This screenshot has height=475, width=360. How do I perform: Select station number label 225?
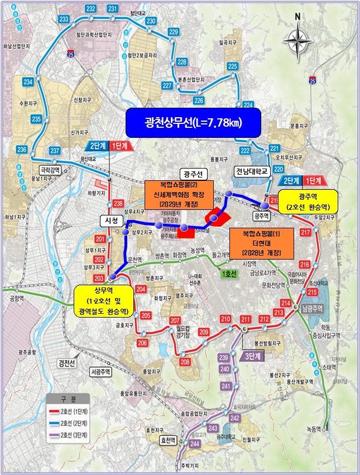[233, 67]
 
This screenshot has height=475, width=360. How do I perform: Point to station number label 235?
[37, 119]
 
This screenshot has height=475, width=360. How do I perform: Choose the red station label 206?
[142, 343]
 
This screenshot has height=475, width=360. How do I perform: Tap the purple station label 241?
[225, 386]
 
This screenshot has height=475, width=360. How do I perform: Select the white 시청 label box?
[109, 220]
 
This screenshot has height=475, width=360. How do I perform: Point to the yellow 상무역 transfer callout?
[103, 301]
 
